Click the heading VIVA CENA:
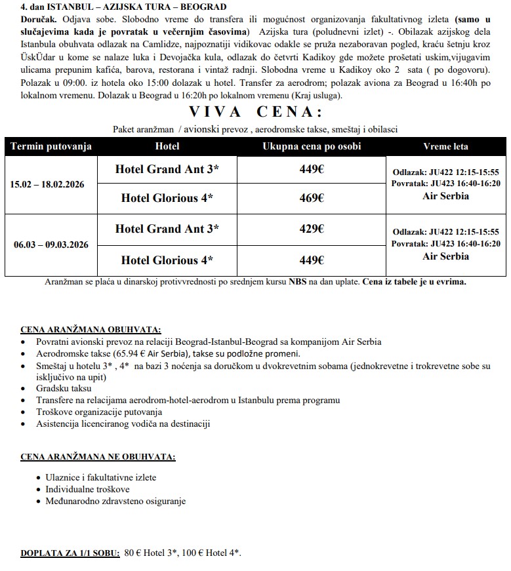pos(256,111)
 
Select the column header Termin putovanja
pos(51,146)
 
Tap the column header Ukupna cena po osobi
pos(312,146)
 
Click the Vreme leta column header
pos(445,146)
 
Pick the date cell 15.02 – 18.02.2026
pos(51,184)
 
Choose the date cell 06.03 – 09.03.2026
pos(51,245)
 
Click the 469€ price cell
pos(312,198)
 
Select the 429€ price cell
pos(312,229)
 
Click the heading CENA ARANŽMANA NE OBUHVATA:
pos(98,456)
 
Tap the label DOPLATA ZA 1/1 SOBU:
pos(70,553)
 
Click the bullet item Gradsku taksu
pos(64,388)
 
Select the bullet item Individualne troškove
pos(87,490)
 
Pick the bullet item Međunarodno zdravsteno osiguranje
pos(115,502)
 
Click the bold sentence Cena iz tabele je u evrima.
pos(415,281)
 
